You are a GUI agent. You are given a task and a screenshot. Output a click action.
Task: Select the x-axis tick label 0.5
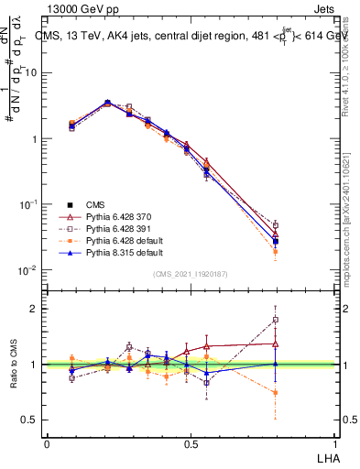click(x=191, y=443)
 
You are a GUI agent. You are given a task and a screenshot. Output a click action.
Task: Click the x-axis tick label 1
click(x=335, y=443)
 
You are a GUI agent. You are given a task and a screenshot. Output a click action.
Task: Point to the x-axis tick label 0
click(x=47, y=443)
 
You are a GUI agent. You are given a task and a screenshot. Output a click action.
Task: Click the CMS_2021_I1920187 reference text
click(x=190, y=273)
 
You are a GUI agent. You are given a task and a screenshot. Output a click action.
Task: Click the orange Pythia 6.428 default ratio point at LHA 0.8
click(x=275, y=392)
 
